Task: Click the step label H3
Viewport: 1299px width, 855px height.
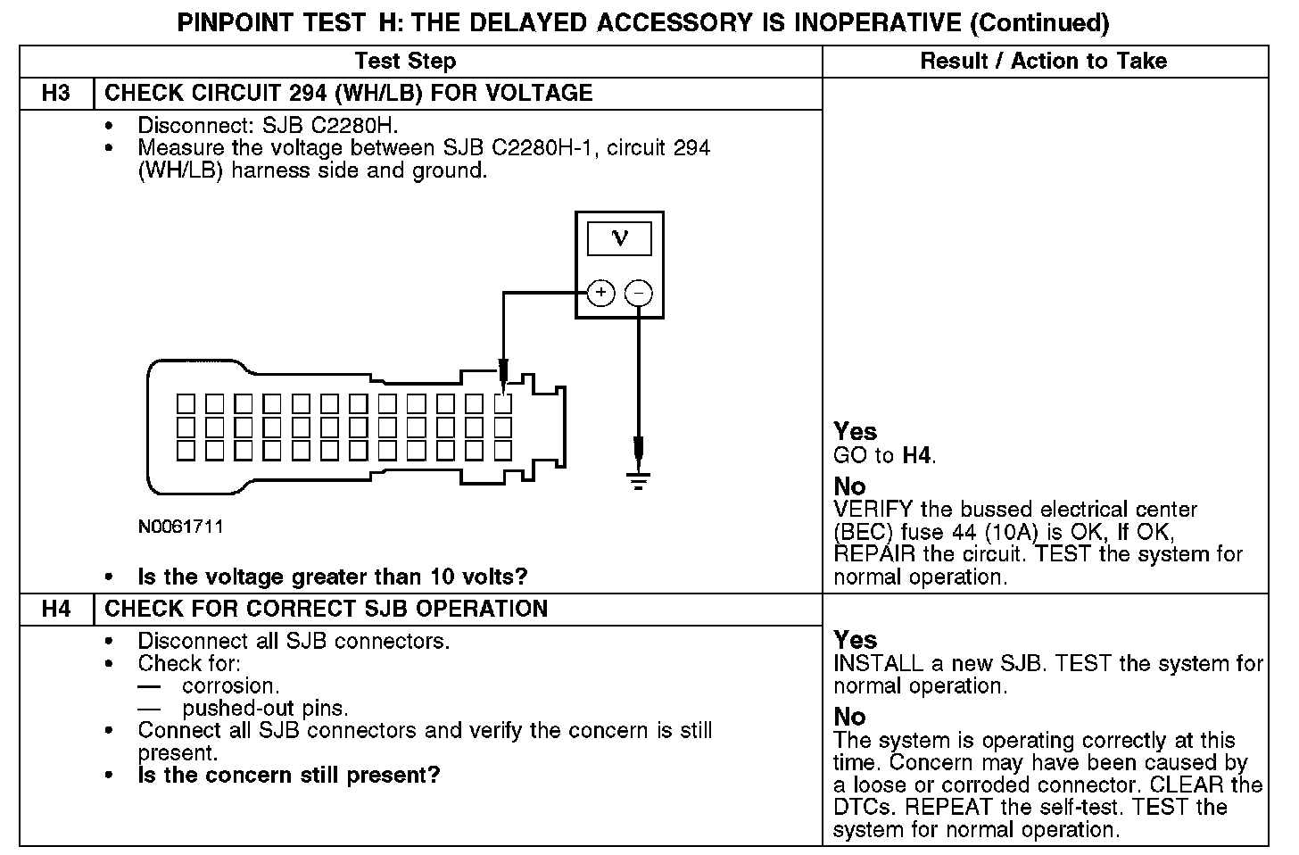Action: [x=55, y=93]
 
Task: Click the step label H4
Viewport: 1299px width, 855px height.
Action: [x=55, y=609]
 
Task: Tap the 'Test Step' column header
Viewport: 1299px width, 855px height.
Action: [x=405, y=61]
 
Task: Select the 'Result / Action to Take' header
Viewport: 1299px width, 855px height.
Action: [x=1043, y=61]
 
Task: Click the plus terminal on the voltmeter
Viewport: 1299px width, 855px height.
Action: [x=601, y=293]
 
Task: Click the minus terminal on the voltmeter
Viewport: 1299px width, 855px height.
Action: [x=638, y=293]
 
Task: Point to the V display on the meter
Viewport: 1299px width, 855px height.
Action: [x=619, y=238]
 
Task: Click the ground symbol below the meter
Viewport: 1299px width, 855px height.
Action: [x=638, y=481]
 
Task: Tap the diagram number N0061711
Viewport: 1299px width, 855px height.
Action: [x=180, y=527]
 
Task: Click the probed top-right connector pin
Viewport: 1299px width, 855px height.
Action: [x=503, y=403]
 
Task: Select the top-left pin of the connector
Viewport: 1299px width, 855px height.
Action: [x=186, y=403]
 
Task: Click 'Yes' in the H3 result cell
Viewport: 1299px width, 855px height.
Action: [x=856, y=432]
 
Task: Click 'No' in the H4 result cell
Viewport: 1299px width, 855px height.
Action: [x=849, y=717]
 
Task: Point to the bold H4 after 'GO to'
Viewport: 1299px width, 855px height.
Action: [x=917, y=455]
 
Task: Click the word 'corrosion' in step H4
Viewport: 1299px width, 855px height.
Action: [x=229, y=685]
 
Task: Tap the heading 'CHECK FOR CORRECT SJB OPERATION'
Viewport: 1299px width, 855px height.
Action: [x=326, y=609]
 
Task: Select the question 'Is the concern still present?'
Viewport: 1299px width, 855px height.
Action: [x=289, y=775]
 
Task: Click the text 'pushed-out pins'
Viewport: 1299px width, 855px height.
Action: [x=264, y=709]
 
